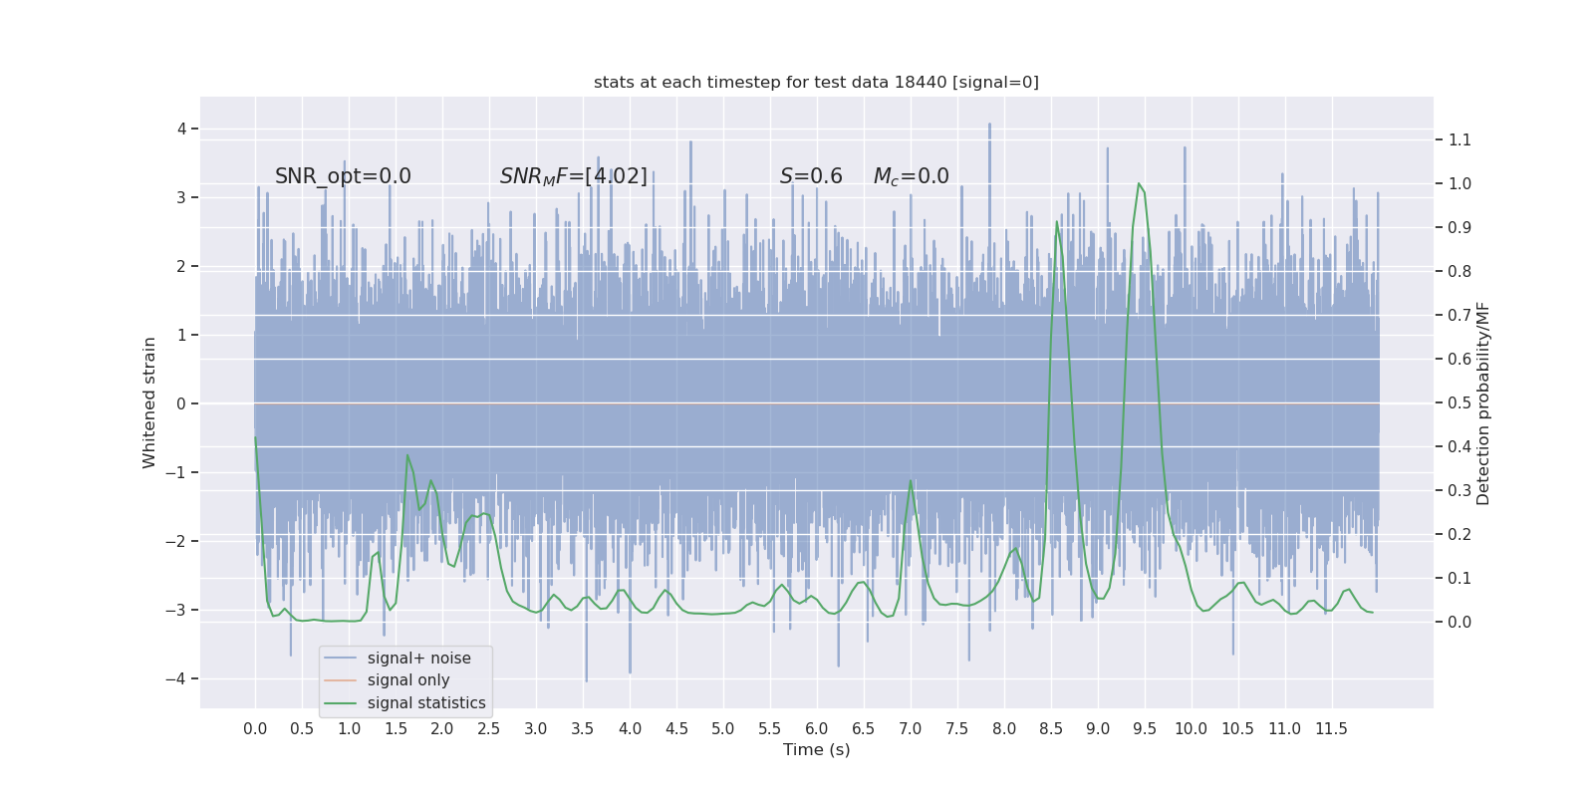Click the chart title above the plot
click(816, 83)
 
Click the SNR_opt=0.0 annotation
click(343, 176)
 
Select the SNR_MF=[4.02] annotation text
click(574, 176)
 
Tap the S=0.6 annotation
click(811, 176)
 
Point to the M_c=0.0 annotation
click(911, 176)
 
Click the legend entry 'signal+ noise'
click(418, 659)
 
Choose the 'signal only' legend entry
click(408, 680)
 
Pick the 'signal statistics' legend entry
click(426, 703)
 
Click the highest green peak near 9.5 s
click(1139, 183)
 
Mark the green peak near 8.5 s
click(1057, 222)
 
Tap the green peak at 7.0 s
click(911, 481)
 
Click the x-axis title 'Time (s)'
click(816, 750)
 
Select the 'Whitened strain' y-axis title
click(149, 402)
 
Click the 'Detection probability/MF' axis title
click(1483, 403)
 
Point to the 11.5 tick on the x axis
click(1331, 729)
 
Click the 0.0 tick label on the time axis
click(255, 729)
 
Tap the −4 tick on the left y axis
click(180, 679)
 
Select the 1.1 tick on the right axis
click(1460, 140)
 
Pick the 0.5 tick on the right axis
click(1460, 403)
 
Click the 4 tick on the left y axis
click(181, 129)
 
